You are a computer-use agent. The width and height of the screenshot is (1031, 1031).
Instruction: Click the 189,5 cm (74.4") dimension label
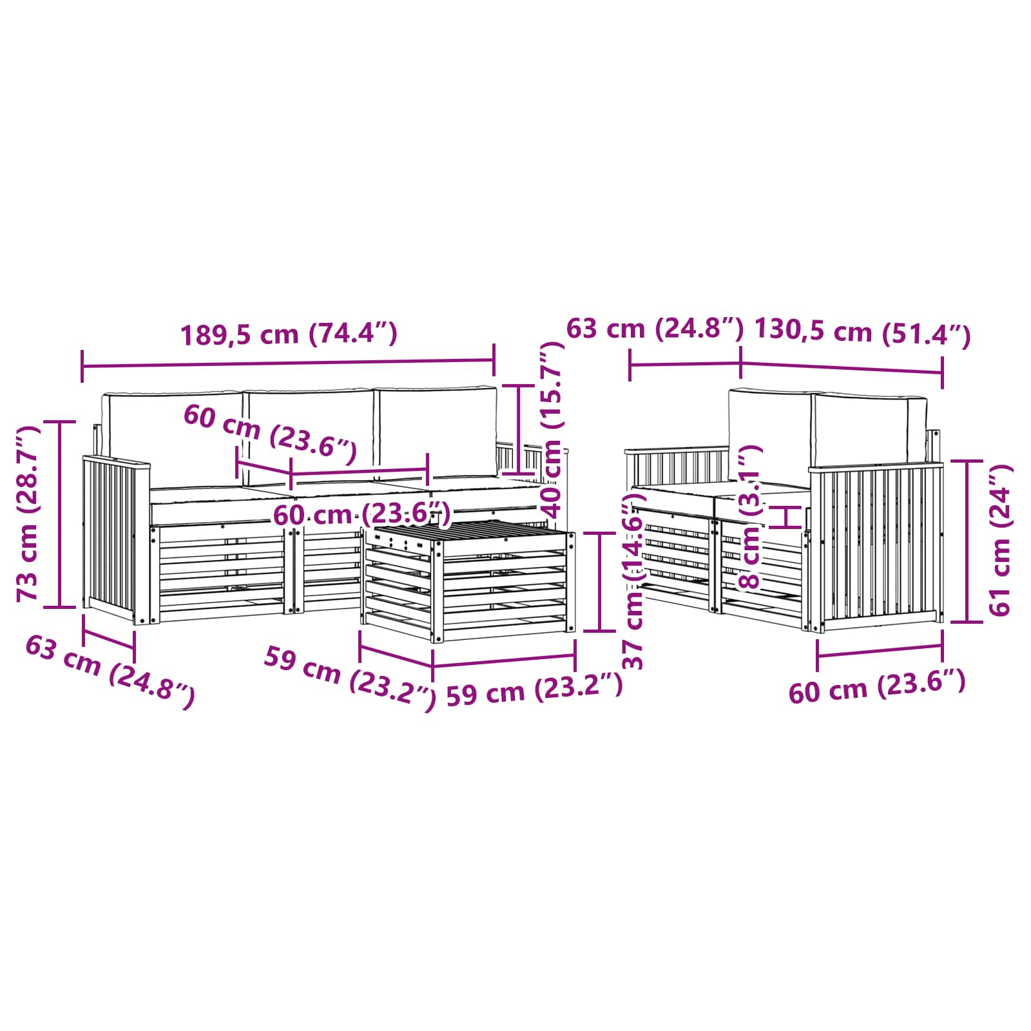[289, 334]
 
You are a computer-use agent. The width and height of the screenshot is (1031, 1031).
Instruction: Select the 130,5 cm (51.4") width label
[862, 332]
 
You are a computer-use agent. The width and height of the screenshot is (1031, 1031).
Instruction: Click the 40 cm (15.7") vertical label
[552, 430]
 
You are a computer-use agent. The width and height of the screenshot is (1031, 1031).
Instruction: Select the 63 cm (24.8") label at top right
[655, 329]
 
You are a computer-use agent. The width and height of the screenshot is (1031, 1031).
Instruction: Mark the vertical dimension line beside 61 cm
[967, 541]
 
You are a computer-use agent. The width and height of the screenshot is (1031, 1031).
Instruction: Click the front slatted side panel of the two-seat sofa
[880, 544]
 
